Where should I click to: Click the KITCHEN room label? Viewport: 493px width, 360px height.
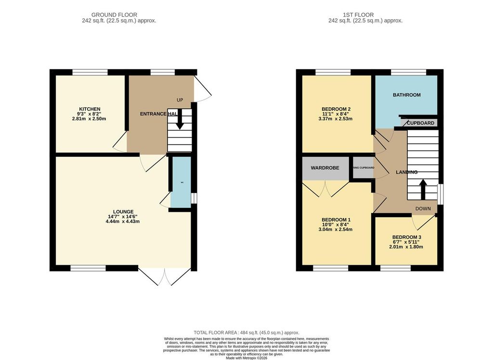90,109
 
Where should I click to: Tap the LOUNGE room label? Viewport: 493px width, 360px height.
123,212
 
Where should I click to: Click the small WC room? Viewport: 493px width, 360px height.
181,183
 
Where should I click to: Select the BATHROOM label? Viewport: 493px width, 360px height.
406,95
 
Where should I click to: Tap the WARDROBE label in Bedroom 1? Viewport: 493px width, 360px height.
325,168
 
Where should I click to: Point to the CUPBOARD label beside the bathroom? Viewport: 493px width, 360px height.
421,123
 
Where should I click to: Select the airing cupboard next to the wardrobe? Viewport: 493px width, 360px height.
363,168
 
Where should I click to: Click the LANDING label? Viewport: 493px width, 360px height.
406,172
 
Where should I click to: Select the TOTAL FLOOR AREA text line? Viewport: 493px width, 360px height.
246,333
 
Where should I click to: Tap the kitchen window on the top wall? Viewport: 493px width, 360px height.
90,72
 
